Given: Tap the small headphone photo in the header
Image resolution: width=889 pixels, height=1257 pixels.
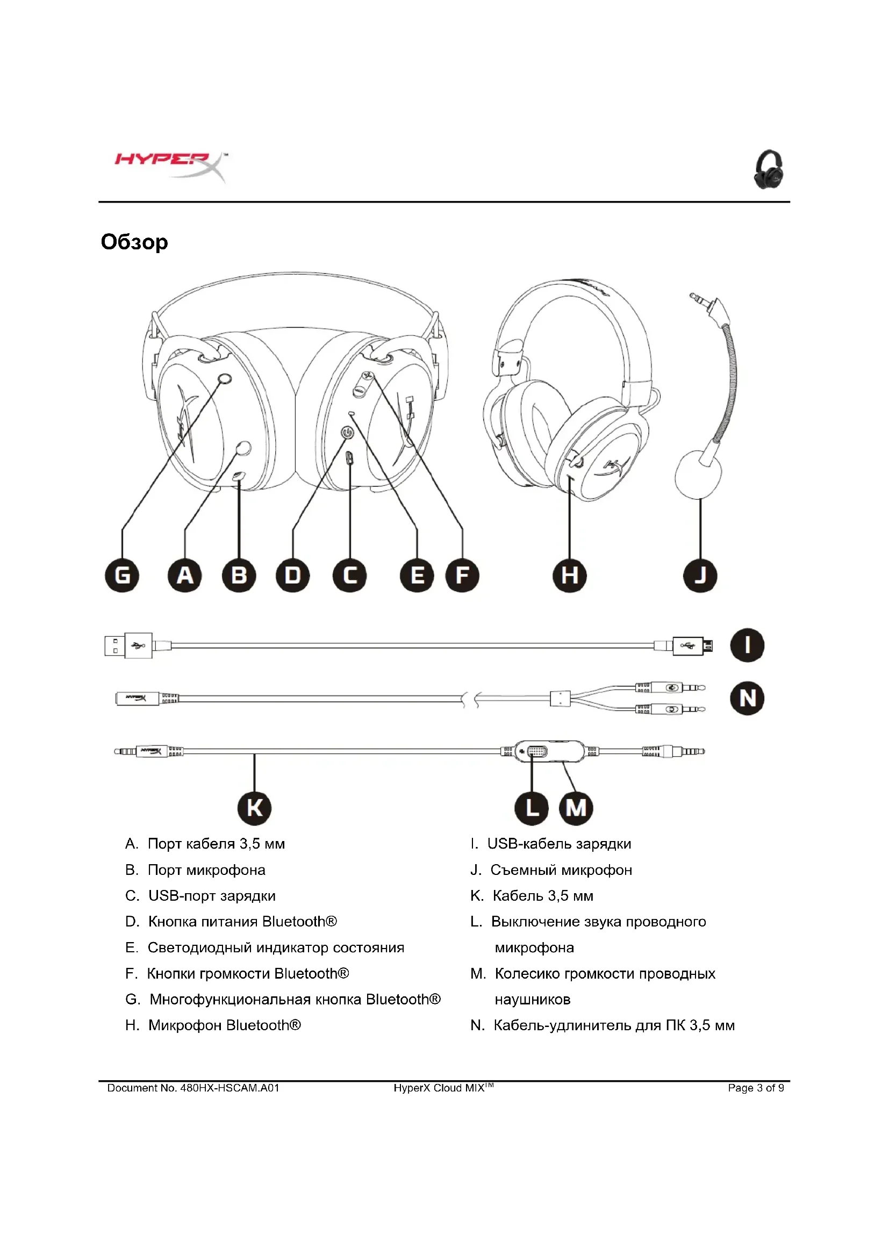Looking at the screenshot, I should point(768,170).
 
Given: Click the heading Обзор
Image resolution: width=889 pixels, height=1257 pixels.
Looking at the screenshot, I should point(134,242).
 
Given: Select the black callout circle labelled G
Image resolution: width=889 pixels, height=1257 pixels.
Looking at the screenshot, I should point(122,576).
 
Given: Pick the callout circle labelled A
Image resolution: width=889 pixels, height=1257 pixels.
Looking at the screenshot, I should point(184,576).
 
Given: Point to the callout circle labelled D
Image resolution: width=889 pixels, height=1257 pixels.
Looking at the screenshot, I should point(293,576).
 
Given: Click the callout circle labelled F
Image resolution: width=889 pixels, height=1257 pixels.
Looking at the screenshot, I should point(463,576).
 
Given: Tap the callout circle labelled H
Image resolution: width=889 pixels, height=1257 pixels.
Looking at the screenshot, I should point(569,576).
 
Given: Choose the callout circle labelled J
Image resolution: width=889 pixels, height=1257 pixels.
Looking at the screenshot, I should point(700,576).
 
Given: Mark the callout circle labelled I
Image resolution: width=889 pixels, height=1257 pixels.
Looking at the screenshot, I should point(747,645).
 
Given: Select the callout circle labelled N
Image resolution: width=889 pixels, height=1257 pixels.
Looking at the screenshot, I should point(747,698).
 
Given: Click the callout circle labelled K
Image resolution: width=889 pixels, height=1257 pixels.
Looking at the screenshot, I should point(255,808).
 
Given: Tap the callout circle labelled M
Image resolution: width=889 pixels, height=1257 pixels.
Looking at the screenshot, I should point(576,808).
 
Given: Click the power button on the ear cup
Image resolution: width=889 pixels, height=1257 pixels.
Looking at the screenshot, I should point(348,433).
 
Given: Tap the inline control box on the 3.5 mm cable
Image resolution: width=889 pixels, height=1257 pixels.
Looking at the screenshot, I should point(550,751).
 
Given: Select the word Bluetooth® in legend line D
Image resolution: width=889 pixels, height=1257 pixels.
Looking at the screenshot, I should point(299,922).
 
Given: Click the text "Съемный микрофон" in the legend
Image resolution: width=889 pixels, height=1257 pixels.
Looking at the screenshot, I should point(561,870).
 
